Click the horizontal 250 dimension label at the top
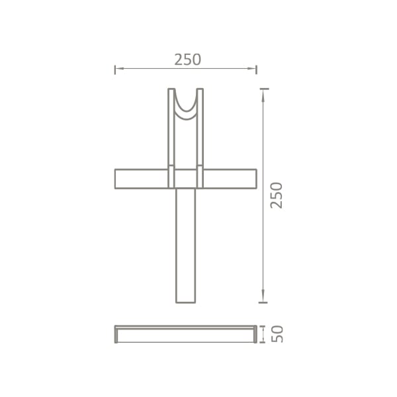187,60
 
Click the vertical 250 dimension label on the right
277,195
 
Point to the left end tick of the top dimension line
115,69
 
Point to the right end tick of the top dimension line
256,69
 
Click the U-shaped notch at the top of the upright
186,106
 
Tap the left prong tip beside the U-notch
171,90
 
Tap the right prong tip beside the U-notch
200,90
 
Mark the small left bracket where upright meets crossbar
171,176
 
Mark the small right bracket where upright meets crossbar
200,176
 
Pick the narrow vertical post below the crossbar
186,245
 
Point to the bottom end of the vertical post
186,301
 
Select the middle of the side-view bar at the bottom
186,334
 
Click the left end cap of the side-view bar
116,334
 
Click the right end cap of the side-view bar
255,334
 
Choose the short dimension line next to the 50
263,334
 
